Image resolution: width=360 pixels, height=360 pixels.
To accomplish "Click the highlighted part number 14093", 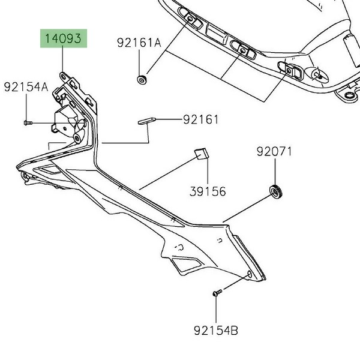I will click(64, 40).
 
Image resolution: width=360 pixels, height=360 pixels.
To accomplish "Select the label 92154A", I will click(26, 87).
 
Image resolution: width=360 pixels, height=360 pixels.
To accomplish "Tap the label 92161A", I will click(139, 43).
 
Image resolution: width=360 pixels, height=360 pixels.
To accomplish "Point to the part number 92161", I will click(201, 119).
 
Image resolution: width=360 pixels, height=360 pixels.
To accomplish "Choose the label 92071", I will click(275, 151).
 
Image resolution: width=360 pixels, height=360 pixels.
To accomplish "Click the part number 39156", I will click(208, 191).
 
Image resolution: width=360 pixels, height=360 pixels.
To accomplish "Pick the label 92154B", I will click(216, 330).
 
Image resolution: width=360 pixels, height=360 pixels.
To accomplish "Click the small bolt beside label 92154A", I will click(27, 123).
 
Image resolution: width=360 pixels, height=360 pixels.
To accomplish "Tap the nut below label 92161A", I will click(142, 79).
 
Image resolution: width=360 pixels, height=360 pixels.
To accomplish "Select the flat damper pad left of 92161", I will click(146, 121).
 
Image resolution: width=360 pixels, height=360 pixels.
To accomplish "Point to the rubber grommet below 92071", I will click(276, 193).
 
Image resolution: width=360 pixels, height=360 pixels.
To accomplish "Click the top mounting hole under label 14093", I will click(63, 77).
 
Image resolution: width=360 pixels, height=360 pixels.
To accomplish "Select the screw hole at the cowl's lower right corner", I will click(249, 275).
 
